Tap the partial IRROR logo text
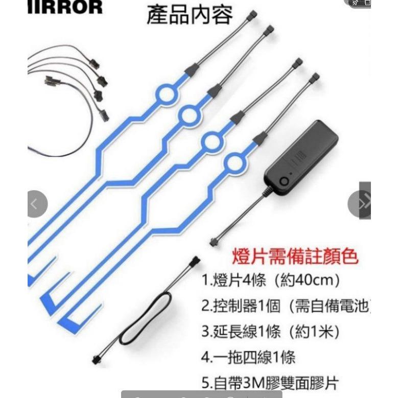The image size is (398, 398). click(x=65, y=7)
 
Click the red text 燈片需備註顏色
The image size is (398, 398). click(x=295, y=255)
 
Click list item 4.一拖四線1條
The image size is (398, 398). click(x=248, y=357)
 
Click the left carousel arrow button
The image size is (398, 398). click(x=35, y=204)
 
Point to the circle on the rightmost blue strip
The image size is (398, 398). click(x=235, y=163)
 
